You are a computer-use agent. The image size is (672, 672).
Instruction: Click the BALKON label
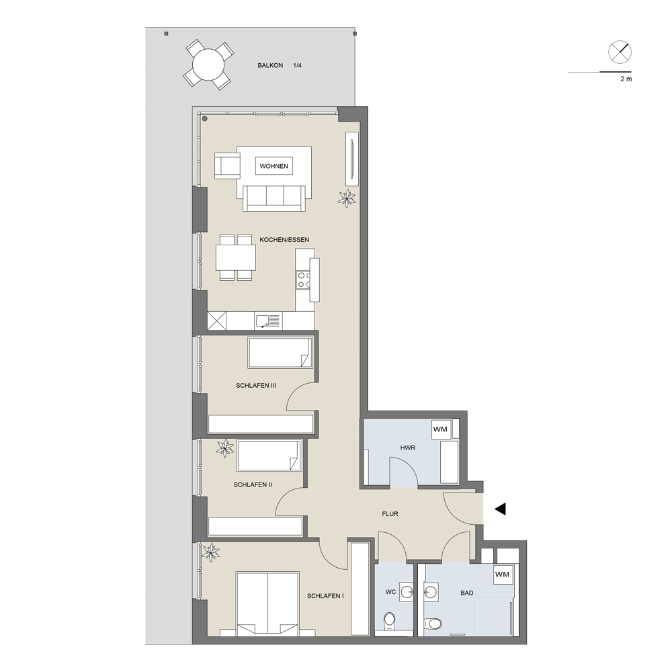[270, 66]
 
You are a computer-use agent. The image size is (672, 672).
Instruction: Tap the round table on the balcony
[209, 65]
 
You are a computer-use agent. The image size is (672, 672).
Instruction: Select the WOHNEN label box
[274, 166]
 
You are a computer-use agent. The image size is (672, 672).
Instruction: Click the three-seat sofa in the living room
[274, 198]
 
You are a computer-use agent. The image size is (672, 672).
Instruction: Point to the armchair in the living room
[227, 165]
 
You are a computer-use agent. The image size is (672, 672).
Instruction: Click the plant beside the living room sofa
[347, 198]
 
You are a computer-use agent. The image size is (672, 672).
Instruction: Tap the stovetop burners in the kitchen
[304, 280]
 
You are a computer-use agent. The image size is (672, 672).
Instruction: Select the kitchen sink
[268, 321]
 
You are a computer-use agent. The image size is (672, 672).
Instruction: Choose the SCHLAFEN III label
[256, 385]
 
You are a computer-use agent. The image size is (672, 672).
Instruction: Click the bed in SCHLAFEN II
[268, 456]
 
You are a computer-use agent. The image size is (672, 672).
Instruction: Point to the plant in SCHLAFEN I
[210, 552]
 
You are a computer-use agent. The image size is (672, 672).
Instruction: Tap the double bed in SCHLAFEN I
[267, 604]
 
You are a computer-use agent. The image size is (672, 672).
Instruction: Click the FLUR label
[390, 513]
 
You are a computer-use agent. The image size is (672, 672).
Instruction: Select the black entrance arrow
[500, 509]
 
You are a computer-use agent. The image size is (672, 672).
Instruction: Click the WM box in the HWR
[440, 429]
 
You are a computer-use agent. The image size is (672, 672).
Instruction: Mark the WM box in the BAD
[502, 575]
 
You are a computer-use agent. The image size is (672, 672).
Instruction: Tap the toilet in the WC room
[390, 620]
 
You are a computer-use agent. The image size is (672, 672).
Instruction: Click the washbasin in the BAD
[431, 591]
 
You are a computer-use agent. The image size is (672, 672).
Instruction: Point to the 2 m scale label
[626, 79]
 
